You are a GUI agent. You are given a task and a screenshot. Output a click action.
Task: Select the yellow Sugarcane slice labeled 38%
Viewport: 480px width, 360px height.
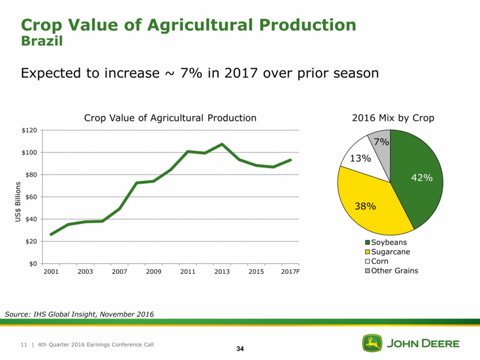[370, 202]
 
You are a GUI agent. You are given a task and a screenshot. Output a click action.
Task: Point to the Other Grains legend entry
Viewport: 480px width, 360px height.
[394, 270]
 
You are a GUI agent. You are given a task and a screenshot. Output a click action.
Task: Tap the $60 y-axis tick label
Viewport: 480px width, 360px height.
[30, 197]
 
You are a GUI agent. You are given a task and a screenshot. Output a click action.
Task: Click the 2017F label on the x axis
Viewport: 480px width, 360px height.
[291, 272]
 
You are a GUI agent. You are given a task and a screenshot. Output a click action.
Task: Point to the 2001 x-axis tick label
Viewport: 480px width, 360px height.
[51, 272]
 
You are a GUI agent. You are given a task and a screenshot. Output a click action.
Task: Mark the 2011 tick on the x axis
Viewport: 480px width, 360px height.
[188, 272]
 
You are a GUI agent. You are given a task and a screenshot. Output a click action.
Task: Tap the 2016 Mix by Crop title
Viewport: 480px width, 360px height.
[393, 118]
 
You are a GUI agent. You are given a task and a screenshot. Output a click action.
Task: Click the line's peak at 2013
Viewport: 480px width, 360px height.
[222, 144]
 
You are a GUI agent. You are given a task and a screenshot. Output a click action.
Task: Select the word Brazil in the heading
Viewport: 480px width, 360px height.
[41, 42]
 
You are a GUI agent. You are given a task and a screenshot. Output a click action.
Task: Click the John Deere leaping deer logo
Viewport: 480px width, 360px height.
[372, 343]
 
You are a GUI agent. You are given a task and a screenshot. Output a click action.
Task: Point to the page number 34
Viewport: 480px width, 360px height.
[240, 348]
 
